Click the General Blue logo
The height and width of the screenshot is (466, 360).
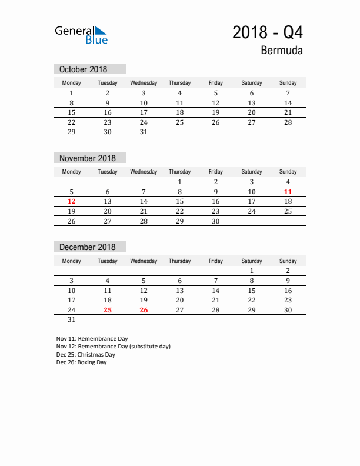coord(81,35)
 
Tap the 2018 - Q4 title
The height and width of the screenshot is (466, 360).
coord(268,33)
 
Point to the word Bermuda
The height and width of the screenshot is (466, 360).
coord(282,51)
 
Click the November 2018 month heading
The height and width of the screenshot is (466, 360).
coord(88,158)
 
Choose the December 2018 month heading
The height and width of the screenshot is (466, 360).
coord(88,247)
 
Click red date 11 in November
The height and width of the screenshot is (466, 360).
coord(288,192)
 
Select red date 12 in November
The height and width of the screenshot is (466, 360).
coord(72,201)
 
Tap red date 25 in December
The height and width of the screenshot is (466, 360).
coord(108,310)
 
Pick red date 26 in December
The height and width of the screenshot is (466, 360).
coord(144,310)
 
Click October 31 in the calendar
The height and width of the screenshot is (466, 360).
coord(144,132)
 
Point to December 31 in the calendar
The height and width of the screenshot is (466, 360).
coord(72,320)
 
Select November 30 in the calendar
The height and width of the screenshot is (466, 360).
coord(216,221)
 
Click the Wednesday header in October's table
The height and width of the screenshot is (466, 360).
coord(144,83)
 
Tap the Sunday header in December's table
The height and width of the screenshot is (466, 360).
coord(288,261)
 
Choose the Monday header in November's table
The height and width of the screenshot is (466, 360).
coord(72,172)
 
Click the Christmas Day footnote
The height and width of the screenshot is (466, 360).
coord(86,355)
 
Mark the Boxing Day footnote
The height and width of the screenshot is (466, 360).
coord(82,363)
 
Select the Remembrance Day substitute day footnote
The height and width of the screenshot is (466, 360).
coord(114,347)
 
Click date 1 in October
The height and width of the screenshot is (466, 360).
coord(72,93)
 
